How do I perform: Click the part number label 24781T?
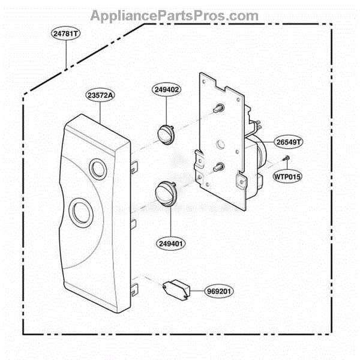coord(65,34)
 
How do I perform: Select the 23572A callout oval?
coord(100,95)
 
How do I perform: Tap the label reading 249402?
coord(166,89)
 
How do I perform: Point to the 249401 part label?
coord(170,244)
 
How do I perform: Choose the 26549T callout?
coord(289,142)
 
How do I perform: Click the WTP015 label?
coord(287,176)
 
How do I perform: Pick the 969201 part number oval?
coord(219,291)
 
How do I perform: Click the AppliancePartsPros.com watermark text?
coord(175,16)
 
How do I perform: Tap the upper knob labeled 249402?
coord(166,135)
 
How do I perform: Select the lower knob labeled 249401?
coord(166,194)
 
